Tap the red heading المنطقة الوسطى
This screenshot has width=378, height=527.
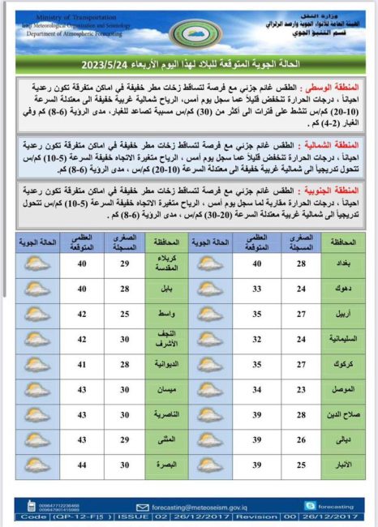(x=336, y=86)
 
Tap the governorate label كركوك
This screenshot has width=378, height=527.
(x=339, y=365)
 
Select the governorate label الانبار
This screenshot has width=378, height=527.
(x=339, y=465)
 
